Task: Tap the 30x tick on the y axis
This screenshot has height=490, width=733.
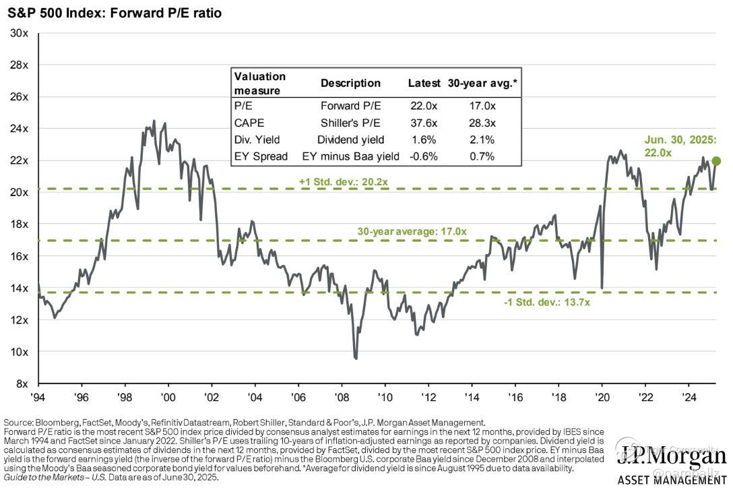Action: pos(18,32)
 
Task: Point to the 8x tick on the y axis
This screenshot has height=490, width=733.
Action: pos(20,384)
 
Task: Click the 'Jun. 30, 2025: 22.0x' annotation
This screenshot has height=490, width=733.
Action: pos(679,146)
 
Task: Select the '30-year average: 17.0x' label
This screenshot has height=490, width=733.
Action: pos(412,232)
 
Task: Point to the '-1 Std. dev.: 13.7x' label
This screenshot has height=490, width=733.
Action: pos(547,303)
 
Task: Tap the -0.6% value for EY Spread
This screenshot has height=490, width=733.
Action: pos(423,156)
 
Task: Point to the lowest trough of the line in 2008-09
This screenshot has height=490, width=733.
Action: pos(355,359)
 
